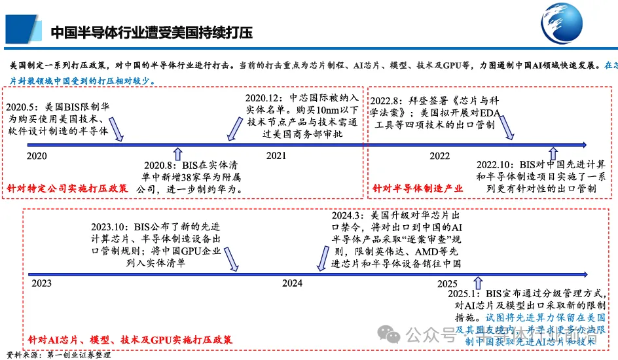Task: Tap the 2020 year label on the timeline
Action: pyautogui.click(x=37, y=156)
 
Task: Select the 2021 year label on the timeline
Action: pyautogui.click(x=276, y=156)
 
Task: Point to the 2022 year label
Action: pyautogui.click(x=439, y=156)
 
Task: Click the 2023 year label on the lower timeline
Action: pyautogui.click(x=41, y=283)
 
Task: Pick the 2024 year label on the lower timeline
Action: pyautogui.click(x=292, y=283)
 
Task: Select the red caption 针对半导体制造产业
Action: pyautogui.click(x=418, y=189)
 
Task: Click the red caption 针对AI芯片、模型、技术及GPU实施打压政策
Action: pyautogui.click(x=130, y=340)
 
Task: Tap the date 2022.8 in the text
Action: pyautogui.click(x=389, y=100)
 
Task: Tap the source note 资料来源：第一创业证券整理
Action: pyautogui.click(x=58, y=355)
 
